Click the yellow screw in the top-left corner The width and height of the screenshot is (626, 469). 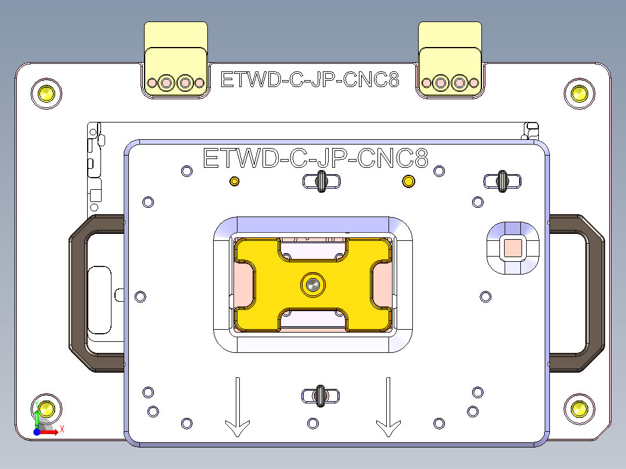[46, 92]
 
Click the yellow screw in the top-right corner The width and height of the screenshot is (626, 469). [579, 92]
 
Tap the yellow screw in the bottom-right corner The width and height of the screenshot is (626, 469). [579, 409]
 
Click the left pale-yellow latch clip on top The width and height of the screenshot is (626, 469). [176, 58]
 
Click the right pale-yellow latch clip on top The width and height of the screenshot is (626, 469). [450, 58]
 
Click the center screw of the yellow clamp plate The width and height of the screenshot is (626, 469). [313, 284]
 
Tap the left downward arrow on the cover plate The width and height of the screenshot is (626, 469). [238, 407]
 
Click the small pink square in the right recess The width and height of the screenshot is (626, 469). [513, 248]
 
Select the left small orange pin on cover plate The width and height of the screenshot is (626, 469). [235, 182]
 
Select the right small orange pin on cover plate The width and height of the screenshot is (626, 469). [409, 182]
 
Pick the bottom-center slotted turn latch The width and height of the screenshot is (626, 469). [319, 395]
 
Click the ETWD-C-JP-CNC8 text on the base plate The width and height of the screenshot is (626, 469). [310, 80]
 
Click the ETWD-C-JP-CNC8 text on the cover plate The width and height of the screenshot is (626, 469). [315, 158]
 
